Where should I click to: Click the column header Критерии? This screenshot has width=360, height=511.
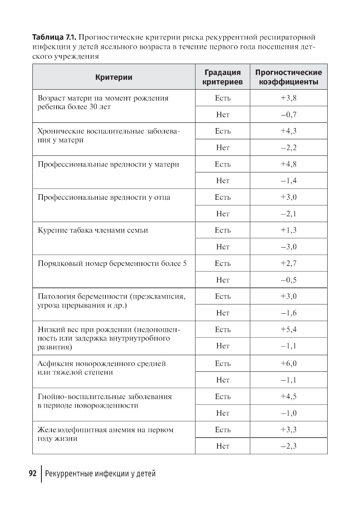click(x=114, y=77)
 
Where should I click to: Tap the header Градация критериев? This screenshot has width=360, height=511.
click(x=222, y=77)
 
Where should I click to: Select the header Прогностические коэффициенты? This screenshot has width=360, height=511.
click(x=288, y=77)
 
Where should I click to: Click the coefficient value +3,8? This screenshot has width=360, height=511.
click(x=288, y=98)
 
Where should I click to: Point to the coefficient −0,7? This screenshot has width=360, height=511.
click(x=288, y=115)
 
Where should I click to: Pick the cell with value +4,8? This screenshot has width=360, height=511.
click(x=288, y=164)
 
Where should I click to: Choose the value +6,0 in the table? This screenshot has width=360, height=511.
click(x=288, y=363)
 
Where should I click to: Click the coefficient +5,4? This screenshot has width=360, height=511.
click(x=288, y=330)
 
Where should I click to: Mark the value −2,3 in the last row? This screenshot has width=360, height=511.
click(x=288, y=446)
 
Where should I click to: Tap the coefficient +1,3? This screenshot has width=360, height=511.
click(x=288, y=230)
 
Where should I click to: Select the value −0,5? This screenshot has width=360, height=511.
click(x=288, y=280)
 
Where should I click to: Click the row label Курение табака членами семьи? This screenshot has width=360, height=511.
click(x=93, y=230)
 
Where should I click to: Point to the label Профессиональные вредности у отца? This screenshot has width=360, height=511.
click(x=104, y=197)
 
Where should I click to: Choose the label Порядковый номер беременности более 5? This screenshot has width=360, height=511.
click(x=112, y=263)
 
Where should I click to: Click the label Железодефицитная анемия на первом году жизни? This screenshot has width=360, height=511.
click(x=105, y=434)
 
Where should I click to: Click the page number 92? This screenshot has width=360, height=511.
click(x=32, y=474)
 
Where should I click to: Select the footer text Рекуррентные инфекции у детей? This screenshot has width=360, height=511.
click(x=100, y=474)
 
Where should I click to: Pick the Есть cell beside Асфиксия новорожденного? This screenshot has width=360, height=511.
click(x=222, y=363)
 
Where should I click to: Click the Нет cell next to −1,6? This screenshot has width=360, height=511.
click(x=222, y=313)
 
